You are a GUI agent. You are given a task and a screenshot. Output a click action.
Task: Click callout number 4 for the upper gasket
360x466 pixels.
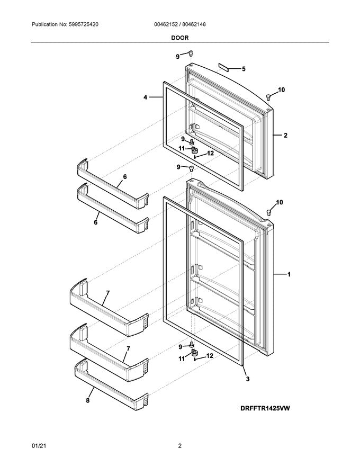(145, 97)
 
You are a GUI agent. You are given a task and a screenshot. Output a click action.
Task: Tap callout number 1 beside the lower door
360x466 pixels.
(289, 274)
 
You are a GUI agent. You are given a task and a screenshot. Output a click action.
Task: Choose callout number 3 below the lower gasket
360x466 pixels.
(247, 379)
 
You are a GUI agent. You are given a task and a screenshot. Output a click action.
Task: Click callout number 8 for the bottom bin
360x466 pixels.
(88, 401)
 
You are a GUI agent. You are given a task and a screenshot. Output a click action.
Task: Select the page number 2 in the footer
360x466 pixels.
(180, 446)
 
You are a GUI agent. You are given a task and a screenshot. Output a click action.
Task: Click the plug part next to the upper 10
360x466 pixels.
(269, 96)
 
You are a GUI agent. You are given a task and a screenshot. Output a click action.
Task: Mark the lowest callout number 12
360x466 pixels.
(210, 356)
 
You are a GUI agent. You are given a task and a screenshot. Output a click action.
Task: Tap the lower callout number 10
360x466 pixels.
(280, 202)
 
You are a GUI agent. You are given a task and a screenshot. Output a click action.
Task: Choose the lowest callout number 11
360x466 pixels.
(181, 359)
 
